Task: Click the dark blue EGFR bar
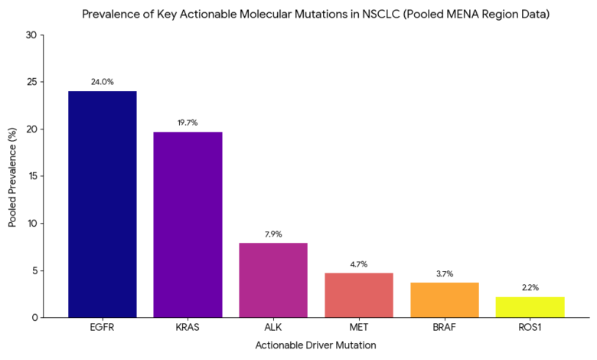(x=103, y=205)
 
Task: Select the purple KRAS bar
(x=188, y=224)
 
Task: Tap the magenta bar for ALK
(x=273, y=280)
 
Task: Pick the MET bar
(x=359, y=295)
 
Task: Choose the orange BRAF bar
(x=445, y=299)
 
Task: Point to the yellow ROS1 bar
(x=530, y=307)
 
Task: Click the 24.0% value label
(x=103, y=81)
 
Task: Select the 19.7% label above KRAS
(x=188, y=122)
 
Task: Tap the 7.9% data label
(x=273, y=234)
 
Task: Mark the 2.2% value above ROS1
(x=530, y=287)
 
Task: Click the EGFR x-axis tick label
(x=103, y=327)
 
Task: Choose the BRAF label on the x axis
(x=445, y=327)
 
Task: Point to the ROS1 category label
(x=530, y=327)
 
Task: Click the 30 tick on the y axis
(x=31, y=35)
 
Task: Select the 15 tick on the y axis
(x=31, y=176)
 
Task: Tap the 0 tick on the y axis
(x=33, y=317)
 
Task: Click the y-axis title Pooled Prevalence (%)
(x=12, y=176)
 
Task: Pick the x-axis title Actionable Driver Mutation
(x=315, y=345)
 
